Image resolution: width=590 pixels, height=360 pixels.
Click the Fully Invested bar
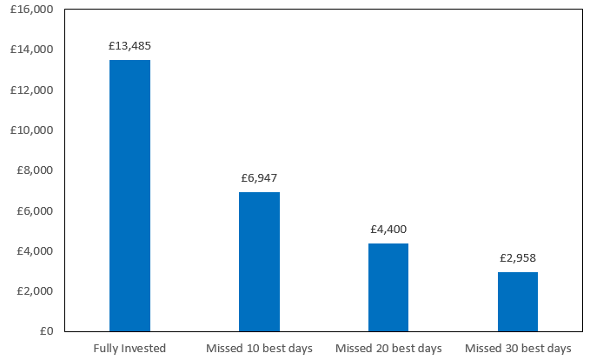[129, 196]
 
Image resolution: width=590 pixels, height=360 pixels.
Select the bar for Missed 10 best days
[259, 262]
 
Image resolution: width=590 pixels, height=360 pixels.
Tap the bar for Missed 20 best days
[388, 287]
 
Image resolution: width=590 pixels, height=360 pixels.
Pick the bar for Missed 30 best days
[517, 302]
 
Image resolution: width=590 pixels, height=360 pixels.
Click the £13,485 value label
[129, 45]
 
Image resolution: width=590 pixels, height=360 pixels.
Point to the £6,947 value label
[259, 177]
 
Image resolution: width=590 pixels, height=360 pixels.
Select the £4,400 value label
[388, 230]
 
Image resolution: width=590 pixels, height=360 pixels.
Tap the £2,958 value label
[517, 258]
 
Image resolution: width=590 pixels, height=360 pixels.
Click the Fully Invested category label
[129, 348]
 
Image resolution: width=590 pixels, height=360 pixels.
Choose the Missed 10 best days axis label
[259, 348]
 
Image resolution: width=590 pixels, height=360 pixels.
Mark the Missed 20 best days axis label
[388, 348]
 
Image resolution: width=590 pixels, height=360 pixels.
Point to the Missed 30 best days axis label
[517, 348]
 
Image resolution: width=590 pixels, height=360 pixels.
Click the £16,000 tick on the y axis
[32, 10]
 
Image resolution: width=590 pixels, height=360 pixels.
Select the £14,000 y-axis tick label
[32, 50]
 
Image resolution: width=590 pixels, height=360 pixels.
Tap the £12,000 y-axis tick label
[32, 90]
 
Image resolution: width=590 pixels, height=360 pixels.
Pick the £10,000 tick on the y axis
[32, 130]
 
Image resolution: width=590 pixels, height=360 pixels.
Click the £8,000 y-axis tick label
[35, 170]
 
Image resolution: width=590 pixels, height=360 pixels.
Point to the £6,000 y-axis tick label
[35, 210]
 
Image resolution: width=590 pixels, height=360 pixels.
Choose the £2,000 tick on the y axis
[35, 290]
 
